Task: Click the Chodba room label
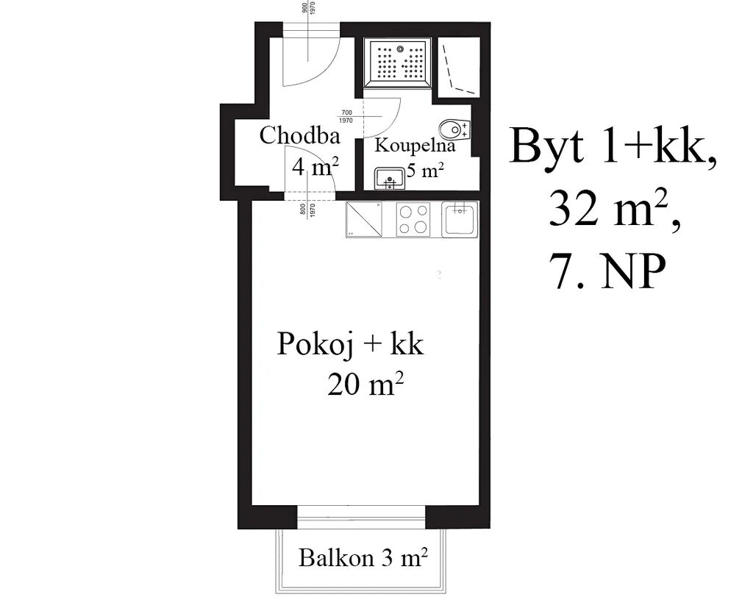(300, 135)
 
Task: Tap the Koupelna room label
(415, 145)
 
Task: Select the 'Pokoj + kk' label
(350, 344)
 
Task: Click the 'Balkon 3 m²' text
(363, 558)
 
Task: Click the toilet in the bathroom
(454, 129)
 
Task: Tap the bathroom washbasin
(390, 179)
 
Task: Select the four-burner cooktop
(413, 219)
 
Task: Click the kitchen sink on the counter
(460, 219)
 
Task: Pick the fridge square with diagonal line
(364, 219)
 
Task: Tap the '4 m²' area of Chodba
(315, 167)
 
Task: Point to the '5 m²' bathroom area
(424, 171)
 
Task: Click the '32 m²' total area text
(615, 210)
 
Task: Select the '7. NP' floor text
(610, 271)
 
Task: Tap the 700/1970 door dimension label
(346, 117)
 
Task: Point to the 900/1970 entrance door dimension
(307, 7)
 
